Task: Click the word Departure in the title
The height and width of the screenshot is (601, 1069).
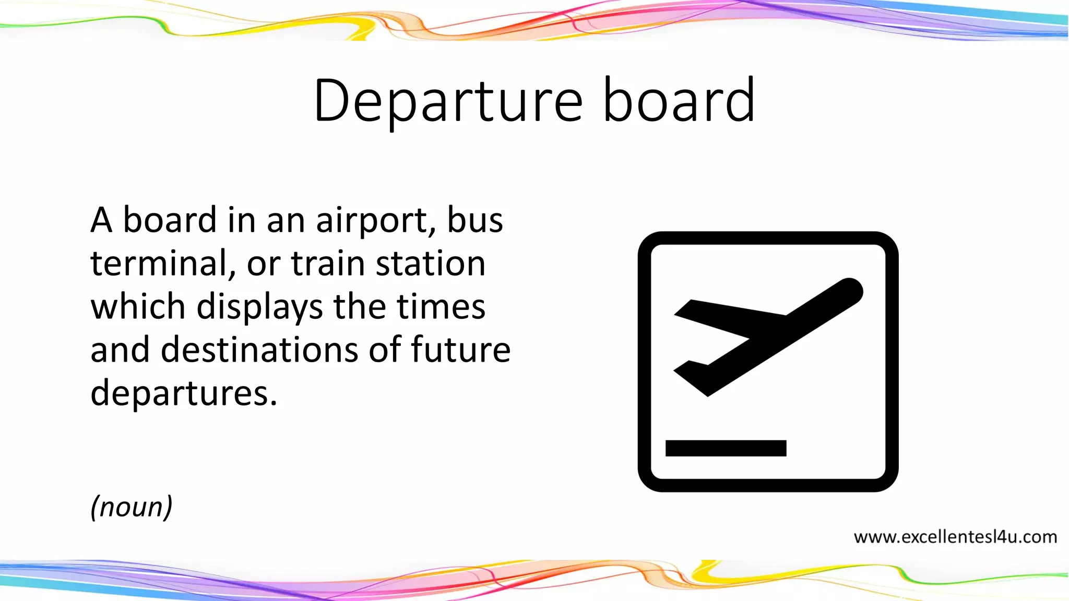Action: [448, 101]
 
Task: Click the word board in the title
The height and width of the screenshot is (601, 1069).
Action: [679, 101]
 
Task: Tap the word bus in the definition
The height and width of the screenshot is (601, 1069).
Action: [475, 220]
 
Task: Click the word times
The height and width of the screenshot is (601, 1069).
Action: [441, 306]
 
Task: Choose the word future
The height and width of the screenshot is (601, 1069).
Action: [460, 350]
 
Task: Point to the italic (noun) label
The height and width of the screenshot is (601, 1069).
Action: [131, 507]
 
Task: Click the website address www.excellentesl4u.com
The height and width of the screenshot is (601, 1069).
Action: [955, 537]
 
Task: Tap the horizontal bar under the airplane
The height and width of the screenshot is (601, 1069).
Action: [726, 448]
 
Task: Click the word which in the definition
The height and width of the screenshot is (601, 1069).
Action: [138, 306]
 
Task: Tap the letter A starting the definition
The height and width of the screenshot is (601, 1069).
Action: [101, 220]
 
